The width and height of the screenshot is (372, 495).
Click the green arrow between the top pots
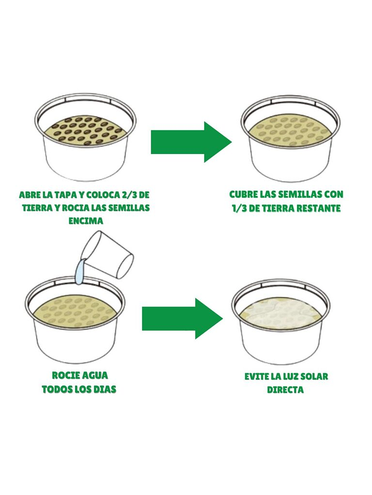point(191,142)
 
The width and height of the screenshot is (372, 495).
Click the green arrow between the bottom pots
point(182,318)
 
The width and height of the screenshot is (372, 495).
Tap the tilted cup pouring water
point(107,255)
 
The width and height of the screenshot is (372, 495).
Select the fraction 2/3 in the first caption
point(129,195)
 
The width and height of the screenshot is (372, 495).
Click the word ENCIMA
point(86,220)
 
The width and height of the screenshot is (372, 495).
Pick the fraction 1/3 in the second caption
point(240,208)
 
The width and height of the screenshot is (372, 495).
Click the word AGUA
point(95,375)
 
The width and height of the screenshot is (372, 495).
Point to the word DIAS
point(106,389)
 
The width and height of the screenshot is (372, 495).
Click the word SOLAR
point(314,376)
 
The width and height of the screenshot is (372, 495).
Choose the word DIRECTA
point(285,390)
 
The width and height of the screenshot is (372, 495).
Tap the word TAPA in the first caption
point(65,195)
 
